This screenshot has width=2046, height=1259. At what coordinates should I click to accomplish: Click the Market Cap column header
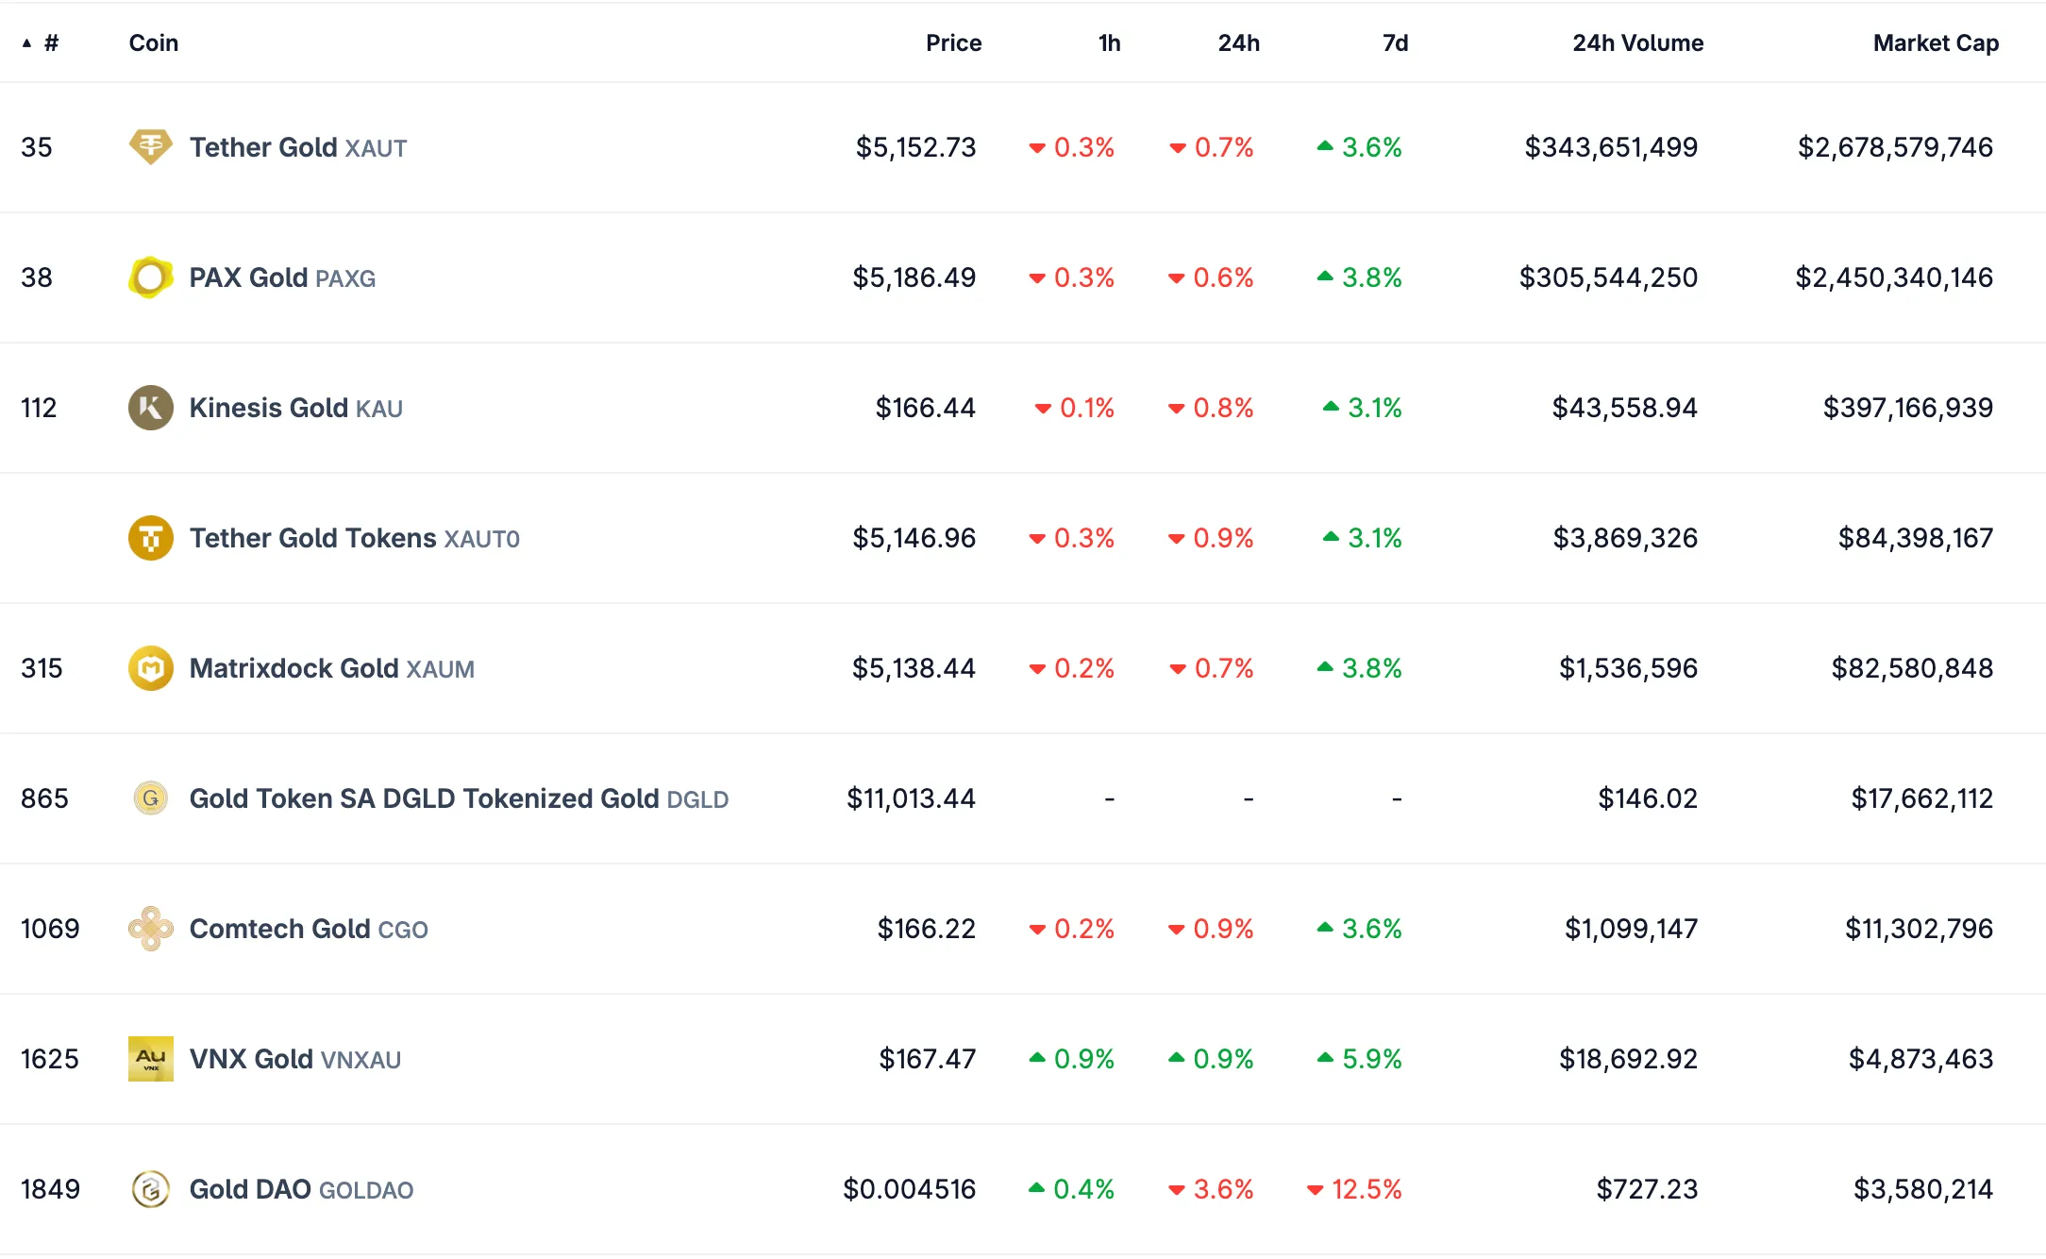click(1935, 43)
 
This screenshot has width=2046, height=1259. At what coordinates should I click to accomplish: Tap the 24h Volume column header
click(1636, 43)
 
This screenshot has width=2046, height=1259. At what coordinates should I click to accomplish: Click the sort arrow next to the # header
click(26, 43)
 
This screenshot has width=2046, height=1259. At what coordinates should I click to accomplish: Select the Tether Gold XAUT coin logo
click(150, 147)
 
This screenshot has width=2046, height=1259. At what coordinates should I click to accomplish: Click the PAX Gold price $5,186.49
click(914, 277)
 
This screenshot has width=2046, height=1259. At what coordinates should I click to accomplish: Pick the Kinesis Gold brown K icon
click(150, 408)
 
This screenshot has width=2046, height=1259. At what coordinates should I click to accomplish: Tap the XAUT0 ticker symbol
click(481, 539)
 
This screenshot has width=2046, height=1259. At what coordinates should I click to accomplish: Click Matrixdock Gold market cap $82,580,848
click(1911, 668)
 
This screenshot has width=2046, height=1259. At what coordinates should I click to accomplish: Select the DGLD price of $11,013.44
click(911, 798)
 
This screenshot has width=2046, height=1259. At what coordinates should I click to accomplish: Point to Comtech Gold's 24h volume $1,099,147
click(1630, 929)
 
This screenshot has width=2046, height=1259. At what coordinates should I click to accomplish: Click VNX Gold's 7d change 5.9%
click(1370, 1059)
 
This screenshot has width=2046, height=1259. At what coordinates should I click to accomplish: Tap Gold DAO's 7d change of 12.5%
click(1365, 1189)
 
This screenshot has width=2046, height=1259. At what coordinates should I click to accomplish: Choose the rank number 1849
click(50, 1189)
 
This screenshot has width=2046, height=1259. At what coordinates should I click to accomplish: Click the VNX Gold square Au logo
click(150, 1059)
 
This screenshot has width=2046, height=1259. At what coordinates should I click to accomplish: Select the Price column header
click(953, 43)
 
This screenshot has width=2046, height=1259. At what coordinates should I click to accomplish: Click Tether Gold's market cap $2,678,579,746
click(1894, 147)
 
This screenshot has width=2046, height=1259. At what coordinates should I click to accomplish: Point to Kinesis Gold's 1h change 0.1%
click(1085, 408)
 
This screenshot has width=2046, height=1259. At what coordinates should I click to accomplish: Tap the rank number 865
click(44, 798)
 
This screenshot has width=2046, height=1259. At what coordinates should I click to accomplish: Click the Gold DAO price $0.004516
click(909, 1189)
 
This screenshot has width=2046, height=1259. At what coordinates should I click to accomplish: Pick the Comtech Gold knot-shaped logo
click(150, 929)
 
